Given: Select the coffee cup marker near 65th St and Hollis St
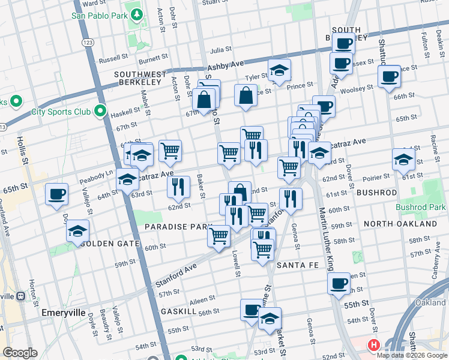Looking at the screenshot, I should click(57, 194).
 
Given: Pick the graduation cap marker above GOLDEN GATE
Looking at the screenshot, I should click(77, 230).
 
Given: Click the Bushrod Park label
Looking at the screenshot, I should click(421, 207).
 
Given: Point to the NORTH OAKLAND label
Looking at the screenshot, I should click(400, 224).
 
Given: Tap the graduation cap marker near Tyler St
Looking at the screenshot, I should click(279, 71).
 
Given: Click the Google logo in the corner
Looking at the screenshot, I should click(20, 353).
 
